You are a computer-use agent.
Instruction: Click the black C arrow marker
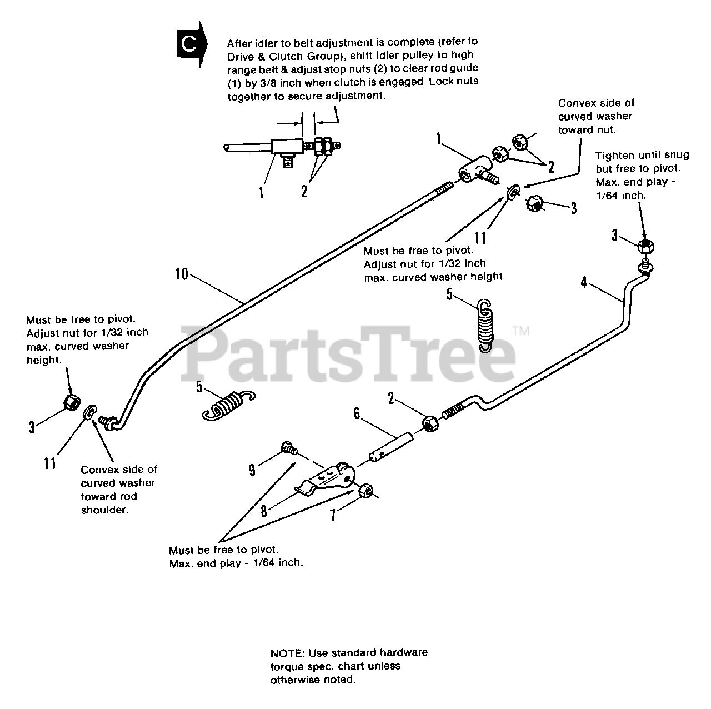point(191,44)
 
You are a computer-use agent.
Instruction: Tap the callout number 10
point(181,274)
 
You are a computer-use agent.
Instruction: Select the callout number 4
point(583,283)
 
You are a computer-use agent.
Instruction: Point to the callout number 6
point(356,414)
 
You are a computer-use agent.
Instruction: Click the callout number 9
point(252,470)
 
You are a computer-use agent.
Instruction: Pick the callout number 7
point(333,515)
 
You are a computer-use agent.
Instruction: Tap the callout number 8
point(263,511)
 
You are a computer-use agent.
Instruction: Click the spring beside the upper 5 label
point(485,326)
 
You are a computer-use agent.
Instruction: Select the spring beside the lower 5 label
point(229,405)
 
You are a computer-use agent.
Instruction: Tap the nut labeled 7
point(366,491)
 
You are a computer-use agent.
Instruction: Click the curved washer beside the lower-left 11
point(89,412)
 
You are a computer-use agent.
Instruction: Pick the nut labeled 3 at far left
point(71,402)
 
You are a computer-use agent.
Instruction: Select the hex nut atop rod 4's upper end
point(645,246)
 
